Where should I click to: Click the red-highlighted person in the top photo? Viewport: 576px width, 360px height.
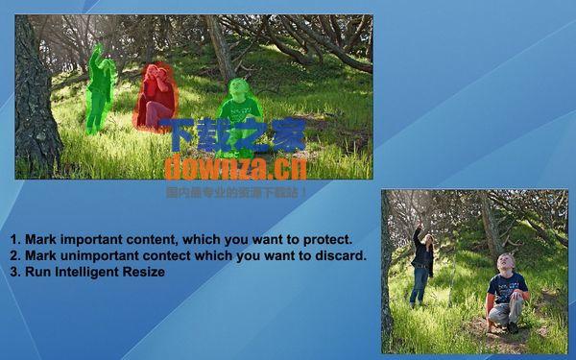click(x=156, y=98)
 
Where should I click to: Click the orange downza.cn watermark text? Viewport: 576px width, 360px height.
click(x=234, y=168)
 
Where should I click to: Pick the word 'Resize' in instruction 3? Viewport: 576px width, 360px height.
click(x=143, y=272)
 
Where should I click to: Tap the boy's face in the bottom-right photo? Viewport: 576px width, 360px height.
click(x=506, y=263)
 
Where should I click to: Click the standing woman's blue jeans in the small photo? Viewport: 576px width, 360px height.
click(x=420, y=285)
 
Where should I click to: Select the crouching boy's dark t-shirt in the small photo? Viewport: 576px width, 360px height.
click(x=506, y=287)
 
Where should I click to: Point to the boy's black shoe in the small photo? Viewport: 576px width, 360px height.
click(x=513, y=327)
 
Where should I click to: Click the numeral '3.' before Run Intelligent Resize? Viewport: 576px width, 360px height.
click(x=15, y=272)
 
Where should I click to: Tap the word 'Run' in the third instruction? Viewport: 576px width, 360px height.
click(x=37, y=272)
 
